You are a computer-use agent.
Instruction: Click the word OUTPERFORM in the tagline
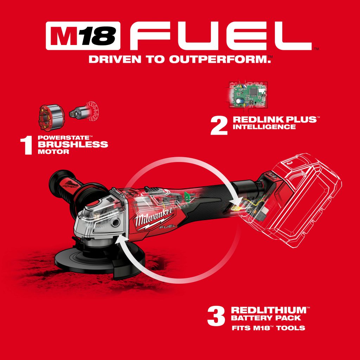click(219, 59)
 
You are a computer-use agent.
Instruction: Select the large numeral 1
click(26, 145)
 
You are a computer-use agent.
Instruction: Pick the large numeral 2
click(219, 125)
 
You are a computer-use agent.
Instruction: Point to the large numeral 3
click(216, 316)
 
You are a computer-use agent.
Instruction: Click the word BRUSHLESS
click(73, 144)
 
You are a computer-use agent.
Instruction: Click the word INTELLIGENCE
click(264, 127)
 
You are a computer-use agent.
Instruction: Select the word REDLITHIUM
click(269, 310)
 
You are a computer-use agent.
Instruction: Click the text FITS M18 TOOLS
click(268, 328)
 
